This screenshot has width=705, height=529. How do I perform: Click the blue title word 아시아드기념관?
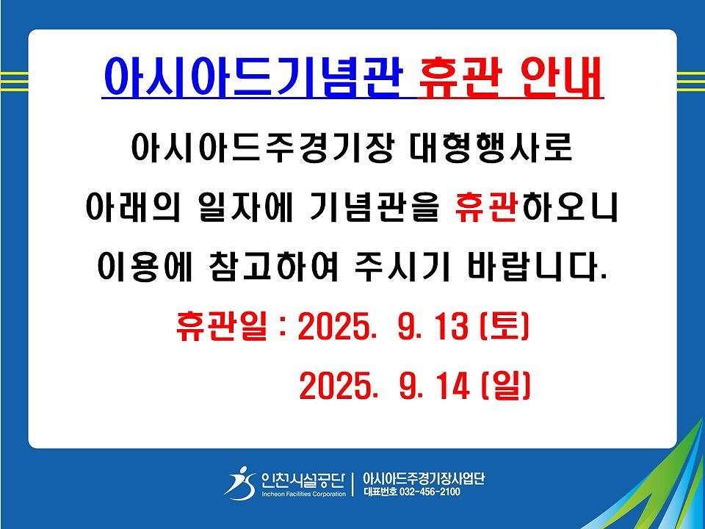click(x=252, y=77)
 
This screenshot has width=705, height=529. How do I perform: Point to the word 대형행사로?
click(x=491, y=147)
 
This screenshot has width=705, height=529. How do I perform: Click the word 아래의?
click(x=133, y=208)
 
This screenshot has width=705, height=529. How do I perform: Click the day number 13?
click(x=453, y=326)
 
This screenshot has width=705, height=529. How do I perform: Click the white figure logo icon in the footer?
click(x=241, y=483)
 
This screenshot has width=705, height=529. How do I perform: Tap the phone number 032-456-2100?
click(x=430, y=492)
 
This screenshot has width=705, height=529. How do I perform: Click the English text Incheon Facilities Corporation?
click(x=303, y=494)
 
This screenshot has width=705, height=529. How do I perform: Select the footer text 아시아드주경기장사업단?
click(x=424, y=478)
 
